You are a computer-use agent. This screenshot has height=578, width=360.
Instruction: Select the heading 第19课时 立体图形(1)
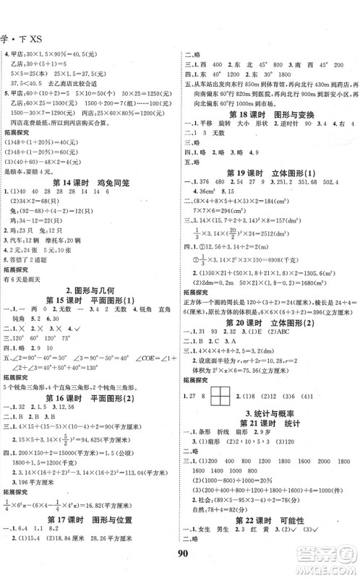[269, 171]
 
